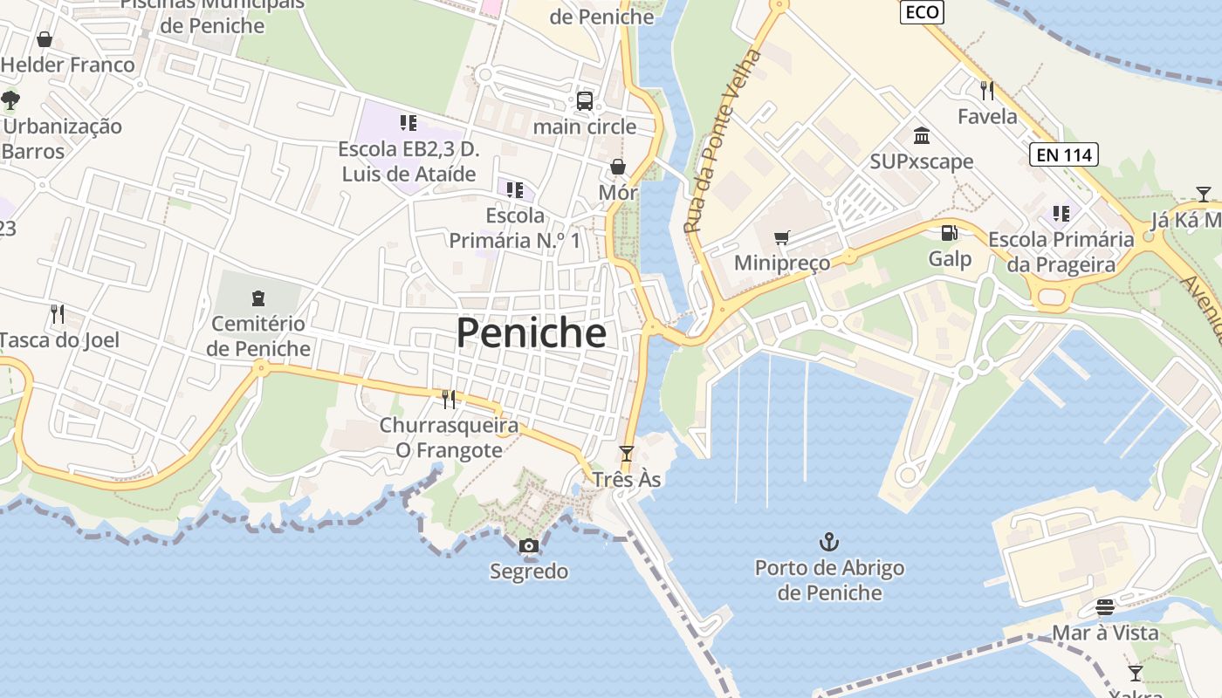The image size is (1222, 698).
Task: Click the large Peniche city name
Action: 531,333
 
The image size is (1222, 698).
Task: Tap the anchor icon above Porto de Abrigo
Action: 828,543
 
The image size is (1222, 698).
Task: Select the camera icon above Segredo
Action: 528,546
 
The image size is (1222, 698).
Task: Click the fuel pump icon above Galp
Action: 949,233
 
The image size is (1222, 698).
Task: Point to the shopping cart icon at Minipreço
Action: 782,237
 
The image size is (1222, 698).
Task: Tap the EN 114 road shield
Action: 1062,155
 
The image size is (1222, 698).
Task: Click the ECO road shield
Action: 923,12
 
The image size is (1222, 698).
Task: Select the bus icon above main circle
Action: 585,100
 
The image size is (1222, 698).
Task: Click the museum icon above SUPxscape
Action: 922,135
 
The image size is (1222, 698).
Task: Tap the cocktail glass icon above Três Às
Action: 626,454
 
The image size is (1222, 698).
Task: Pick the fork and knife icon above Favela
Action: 987,90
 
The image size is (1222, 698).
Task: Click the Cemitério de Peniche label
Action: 260,336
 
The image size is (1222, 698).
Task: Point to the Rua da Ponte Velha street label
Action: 722,141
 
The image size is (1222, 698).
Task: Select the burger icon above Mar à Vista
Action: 1105,607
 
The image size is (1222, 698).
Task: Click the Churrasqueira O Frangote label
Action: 449,438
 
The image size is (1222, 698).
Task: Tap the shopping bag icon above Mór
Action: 618,167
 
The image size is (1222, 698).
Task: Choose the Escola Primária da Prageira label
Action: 1061,252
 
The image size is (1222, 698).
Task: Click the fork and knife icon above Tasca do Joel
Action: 58,314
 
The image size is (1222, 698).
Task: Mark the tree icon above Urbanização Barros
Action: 10,100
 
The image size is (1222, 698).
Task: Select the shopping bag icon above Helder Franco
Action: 45,39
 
